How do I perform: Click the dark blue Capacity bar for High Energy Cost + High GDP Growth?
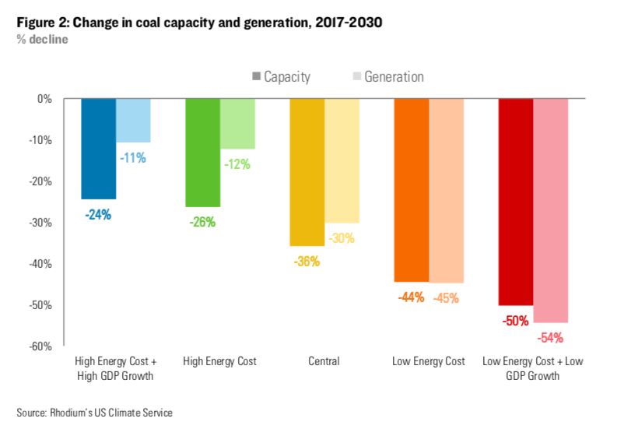click(99, 149)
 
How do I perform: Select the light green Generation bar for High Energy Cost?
click(237, 124)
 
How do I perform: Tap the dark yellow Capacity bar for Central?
click(307, 172)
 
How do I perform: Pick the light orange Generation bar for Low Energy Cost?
click(447, 191)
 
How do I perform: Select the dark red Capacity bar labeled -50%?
click(516, 202)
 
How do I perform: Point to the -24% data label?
click(99, 215)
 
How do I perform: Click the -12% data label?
click(237, 165)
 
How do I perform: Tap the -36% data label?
click(307, 262)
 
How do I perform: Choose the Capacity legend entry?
click(281, 77)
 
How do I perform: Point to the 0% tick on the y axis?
click(44, 100)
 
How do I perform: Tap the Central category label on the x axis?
click(324, 362)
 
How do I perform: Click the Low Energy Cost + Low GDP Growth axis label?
click(532, 369)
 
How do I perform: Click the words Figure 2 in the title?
click(40, 23)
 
